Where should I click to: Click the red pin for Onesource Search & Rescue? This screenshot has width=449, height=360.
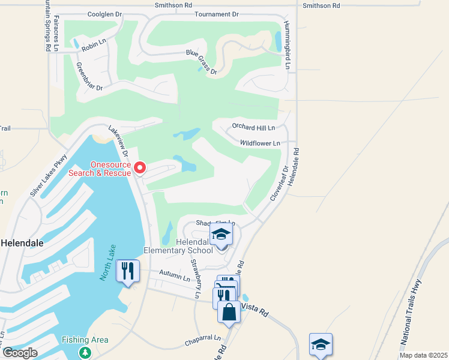[x=140, y=167]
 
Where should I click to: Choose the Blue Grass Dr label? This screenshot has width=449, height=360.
[x=202, y=62]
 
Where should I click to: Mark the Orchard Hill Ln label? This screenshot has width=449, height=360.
[x=253, y=128]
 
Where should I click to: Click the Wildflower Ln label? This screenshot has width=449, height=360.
[x=260, y=143]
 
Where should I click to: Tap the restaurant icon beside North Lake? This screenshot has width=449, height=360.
[x=128, y=270]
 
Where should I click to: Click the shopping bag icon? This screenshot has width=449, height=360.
[x=229, y=312]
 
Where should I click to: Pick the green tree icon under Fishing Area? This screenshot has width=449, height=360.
[x=85, y=352]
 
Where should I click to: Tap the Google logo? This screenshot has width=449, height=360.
[x=20, y=352]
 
